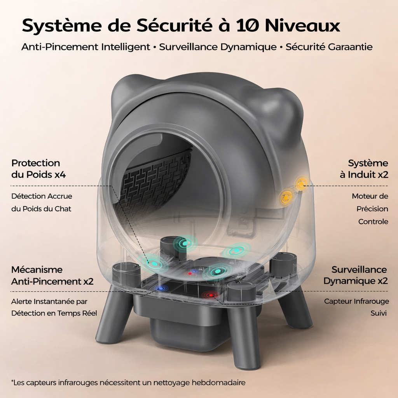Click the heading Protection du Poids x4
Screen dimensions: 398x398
coord(38,169)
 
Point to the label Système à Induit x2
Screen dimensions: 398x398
coord(364,169)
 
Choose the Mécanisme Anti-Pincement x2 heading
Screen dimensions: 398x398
coord(52,275)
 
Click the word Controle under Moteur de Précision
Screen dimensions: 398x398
coord(373,222)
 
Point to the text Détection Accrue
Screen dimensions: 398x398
coord(42,196)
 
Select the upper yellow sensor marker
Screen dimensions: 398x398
coord(301,184)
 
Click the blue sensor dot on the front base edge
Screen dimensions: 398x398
coord(159,288)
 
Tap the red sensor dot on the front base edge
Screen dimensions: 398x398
coord(211,295)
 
